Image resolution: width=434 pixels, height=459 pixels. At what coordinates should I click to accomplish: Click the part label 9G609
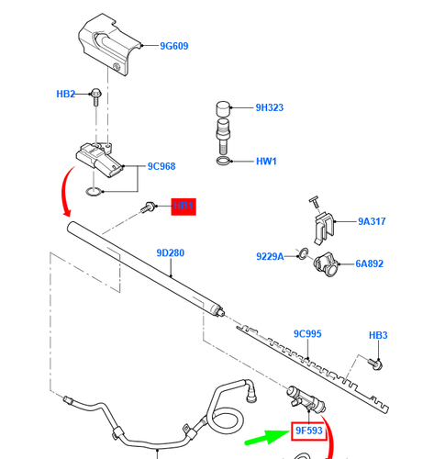[173, 45]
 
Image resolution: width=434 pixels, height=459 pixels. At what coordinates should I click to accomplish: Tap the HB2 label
[66, 94]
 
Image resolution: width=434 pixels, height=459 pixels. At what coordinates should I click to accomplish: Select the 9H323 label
[269, 107]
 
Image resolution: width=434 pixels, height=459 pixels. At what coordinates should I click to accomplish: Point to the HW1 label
[266, 162]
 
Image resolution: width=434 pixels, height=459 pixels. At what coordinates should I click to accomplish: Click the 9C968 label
[161, 167]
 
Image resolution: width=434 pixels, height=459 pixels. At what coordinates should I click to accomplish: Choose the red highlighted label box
[184, 207]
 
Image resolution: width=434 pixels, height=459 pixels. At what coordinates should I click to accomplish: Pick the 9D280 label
[171, 252]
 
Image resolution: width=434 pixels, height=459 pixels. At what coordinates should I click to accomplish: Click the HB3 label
[378, 336]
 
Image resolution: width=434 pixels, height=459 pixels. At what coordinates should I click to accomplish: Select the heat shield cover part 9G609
[107, 46]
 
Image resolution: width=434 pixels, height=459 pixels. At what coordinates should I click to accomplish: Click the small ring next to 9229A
[303, 252]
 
